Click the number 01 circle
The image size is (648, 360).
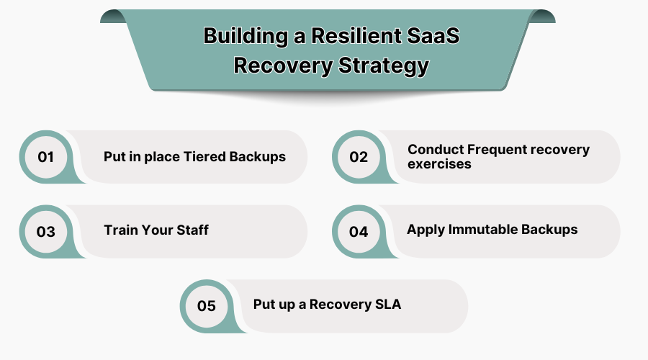click(x=46, y=157)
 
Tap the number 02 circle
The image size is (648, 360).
click(x=359, y=157)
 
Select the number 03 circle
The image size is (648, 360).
click(x=46, y=232)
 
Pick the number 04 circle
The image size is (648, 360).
click(x=359, y=232)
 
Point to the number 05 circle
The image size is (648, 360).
click(x=206, y=306)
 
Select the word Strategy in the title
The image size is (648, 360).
click(x=383, y=66)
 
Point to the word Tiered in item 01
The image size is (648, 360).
click(x=208, y=157)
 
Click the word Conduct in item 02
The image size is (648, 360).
click(x=436, y=150)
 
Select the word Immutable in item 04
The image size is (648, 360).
click(x=480, y=230)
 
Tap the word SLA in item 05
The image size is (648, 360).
click(x=388, y=305)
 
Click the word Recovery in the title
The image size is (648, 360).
click(x=282, y=66)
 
